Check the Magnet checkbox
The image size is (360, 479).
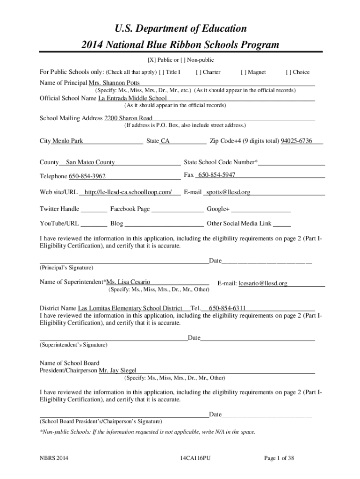(x=243, y=73)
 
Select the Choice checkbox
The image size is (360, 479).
(x=288, y=73)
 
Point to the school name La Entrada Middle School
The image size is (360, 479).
(x=132, y=99)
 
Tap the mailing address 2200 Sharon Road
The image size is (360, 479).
(x=129, y=118)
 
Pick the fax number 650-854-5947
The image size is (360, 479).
(x=215, y=175)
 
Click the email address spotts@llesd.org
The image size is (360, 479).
(x=229, y=192)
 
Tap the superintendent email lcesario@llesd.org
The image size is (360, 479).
(x=263, y=283)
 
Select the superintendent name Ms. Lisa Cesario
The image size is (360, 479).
(x=129, y=282)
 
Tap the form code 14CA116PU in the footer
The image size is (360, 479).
(x=195, y=458)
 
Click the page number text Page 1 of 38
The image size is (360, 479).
(x=279, y=458)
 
